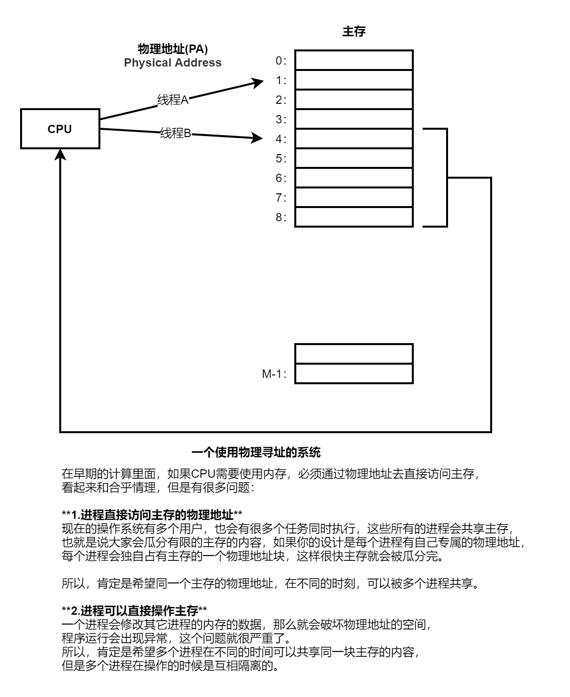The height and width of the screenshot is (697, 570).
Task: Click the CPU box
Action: point(60,129)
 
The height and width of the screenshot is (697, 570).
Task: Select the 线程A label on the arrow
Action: point(172,100)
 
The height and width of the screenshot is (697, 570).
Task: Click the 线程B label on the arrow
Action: point(175,133)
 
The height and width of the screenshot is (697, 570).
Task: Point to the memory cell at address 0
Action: point(354,60)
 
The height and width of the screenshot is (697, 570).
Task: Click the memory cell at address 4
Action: point(354,139)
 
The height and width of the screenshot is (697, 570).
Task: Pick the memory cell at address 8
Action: point(354,217)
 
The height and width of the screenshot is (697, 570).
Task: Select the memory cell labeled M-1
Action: point(354,373)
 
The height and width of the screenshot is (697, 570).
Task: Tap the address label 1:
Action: point(281,80)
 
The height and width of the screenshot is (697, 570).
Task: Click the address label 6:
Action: point(281,178)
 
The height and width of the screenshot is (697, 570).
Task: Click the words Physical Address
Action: point(172,63)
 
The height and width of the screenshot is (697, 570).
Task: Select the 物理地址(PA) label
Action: point(172,49)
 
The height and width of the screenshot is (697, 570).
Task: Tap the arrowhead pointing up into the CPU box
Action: point(60,155)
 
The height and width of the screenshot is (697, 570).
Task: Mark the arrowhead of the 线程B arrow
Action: point(259,139)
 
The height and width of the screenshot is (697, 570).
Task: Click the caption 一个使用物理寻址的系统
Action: point(256,452)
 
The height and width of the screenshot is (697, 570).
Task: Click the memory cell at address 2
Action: point(354,99)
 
